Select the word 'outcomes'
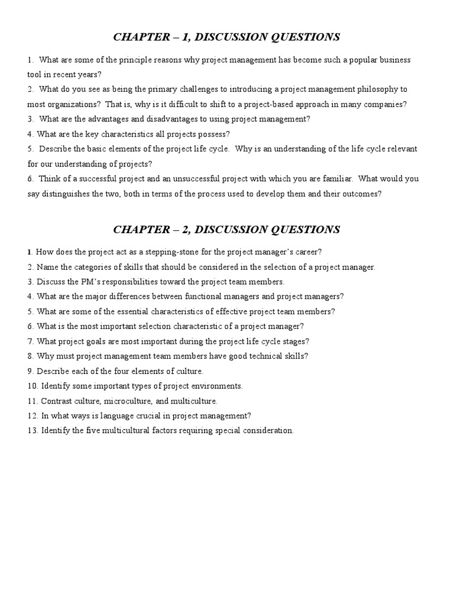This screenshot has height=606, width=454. coord(359,193)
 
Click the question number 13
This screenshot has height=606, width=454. coord(33,430)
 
